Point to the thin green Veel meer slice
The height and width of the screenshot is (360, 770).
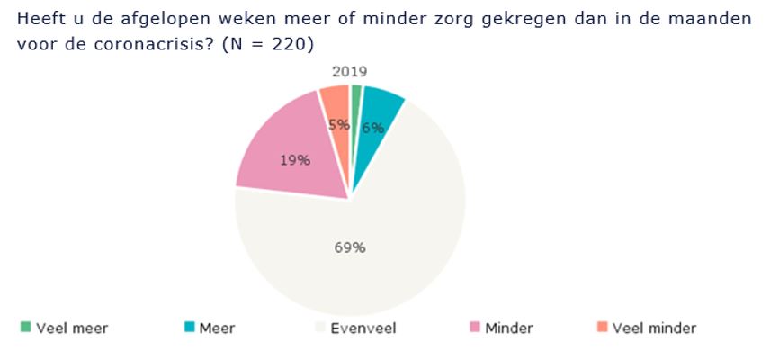(356, 94)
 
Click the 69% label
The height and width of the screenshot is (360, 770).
(349, 247)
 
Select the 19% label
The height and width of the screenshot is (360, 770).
(295, 161)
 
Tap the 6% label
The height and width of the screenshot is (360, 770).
(373, 129)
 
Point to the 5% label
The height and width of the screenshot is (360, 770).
(339, 125)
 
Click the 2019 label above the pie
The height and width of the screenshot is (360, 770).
(349, 72)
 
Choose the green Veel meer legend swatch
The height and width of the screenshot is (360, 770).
(26, 327)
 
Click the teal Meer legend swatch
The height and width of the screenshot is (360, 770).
(189, 327)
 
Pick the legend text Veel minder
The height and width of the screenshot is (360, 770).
(654, 328)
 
